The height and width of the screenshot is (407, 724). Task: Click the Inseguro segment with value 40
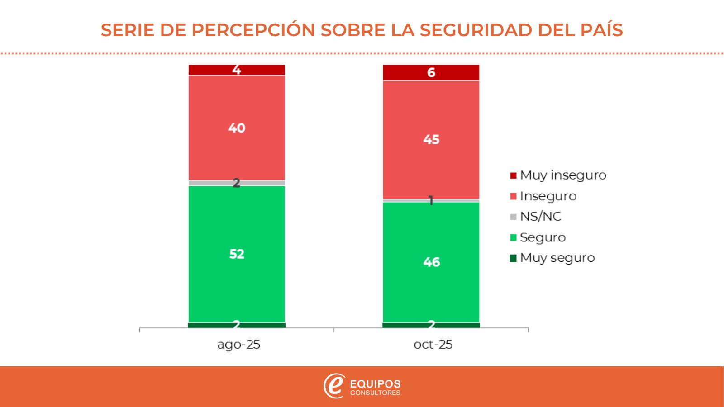[237, 128]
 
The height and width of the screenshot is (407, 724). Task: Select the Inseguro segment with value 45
[431, 139]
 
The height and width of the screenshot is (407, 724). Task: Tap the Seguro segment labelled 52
[237, 254]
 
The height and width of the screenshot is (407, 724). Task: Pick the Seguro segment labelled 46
[431, 262]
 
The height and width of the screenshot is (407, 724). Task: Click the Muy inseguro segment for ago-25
[237, 70]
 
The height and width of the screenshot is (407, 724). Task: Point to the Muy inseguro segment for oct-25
[431, 73]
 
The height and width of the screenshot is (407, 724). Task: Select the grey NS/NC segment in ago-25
[237, 183]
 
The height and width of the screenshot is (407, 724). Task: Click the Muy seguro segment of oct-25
[431, 325]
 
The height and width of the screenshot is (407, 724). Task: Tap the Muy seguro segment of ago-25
[237, 325]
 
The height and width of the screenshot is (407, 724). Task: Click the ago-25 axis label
[238, 345]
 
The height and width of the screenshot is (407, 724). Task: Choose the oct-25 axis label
[433, 345]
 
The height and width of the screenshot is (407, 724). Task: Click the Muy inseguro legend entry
[558, 175]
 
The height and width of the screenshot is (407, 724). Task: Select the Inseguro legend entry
[543, 196]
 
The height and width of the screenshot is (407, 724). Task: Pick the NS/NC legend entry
[536, 217]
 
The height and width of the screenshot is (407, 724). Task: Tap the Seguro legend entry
[538, 237]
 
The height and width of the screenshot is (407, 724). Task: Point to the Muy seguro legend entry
[553, 258]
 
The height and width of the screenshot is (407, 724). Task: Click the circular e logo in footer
[334, 386]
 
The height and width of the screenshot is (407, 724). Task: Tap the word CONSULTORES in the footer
[376, 393]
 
